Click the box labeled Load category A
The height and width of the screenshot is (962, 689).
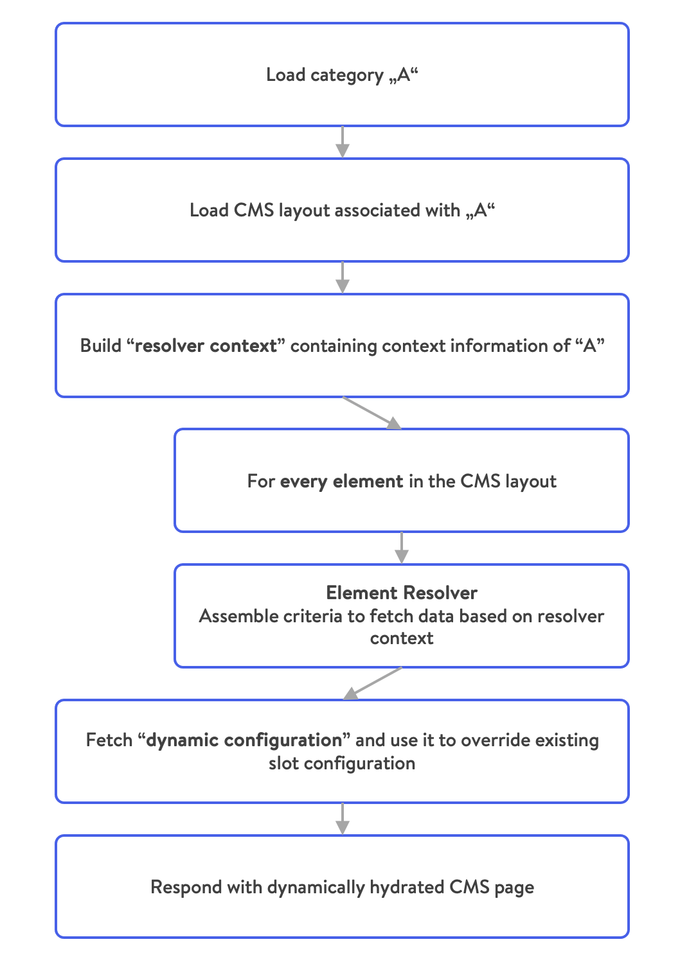click(342, 74)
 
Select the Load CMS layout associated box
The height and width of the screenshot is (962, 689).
click(342, 210)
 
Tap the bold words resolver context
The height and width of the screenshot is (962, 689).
click(206, 345)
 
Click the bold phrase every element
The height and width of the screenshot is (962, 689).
click(341, 482)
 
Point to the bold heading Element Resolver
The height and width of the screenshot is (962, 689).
click(402, 593)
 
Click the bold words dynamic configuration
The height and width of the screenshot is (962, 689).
click(244, 740)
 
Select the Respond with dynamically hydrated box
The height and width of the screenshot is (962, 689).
click(342, 886)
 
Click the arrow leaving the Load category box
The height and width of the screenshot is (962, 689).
click(342, 142)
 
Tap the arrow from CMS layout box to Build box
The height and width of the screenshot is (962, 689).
click(342, 277)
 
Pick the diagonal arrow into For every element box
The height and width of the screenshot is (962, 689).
click(372, 413)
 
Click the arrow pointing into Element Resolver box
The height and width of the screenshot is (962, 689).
click(402, 548)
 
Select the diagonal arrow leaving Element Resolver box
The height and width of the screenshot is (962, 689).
click(372, 683)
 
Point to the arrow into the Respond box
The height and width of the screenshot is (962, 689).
click(342, 819)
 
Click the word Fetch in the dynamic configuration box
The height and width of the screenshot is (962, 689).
click(109, 740)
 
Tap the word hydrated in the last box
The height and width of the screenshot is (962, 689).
click(407, 887)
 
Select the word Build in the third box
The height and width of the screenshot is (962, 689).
click(101, 345)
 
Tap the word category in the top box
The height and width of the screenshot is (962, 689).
click(347, 76)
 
